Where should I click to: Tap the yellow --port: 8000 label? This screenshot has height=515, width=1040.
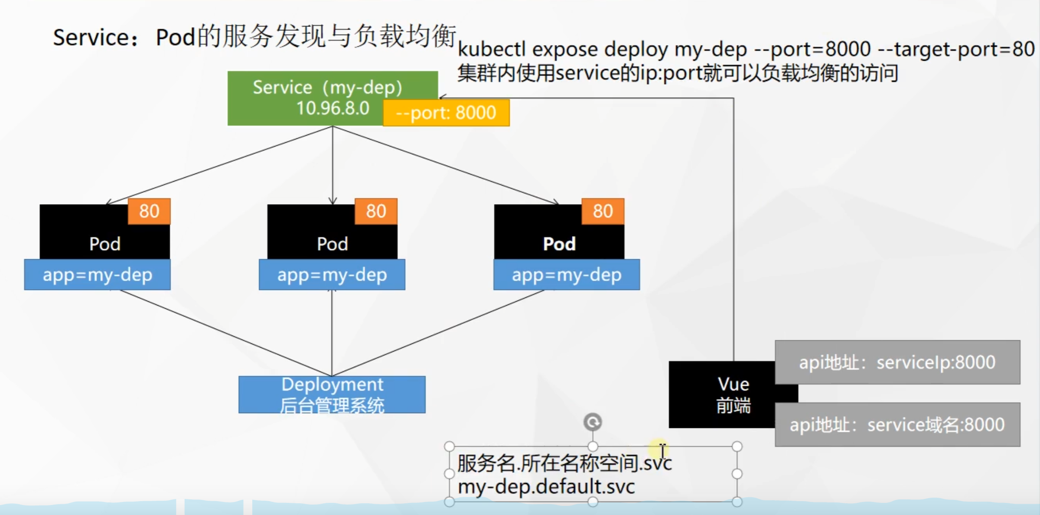446,113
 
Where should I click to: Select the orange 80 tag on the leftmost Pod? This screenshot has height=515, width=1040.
149,212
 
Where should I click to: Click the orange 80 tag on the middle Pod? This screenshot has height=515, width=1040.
376,212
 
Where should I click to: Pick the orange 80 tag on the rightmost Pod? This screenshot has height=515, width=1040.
603,212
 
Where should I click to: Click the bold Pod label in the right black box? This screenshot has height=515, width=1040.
559,244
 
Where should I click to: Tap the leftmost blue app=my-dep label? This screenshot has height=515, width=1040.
98,275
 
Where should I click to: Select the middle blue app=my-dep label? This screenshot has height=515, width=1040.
332,275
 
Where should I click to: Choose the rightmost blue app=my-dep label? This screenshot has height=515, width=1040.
567,275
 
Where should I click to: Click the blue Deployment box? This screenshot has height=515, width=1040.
332,394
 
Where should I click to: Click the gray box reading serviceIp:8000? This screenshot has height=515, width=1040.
897,362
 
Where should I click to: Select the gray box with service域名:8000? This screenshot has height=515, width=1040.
897,425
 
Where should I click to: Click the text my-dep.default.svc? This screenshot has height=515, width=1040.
546,486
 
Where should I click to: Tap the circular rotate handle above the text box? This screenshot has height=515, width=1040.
593,422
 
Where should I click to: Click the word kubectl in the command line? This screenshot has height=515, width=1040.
492,49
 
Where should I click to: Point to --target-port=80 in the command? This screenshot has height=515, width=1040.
956,49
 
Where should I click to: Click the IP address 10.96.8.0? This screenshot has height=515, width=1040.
333,108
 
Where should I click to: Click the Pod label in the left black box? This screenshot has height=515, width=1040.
105,244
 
